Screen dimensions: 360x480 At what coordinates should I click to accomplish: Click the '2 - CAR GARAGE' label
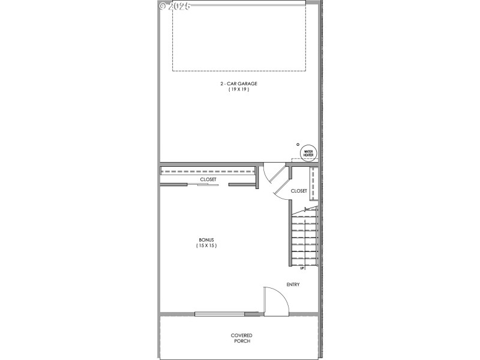pos(238,83)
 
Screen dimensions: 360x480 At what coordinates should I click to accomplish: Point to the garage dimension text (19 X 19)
pos(238,89)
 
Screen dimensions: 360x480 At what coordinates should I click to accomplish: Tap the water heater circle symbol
pos(308,153)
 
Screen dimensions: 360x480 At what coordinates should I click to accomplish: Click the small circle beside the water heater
pos(298,145)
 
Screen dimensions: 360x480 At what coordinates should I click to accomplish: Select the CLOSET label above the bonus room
pos(208,179)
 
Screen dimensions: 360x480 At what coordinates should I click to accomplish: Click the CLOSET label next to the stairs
pos(299,191)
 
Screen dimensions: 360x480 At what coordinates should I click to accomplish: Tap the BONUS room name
pos(206,239)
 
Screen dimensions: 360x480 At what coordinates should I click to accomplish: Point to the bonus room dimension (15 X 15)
pos(206,245)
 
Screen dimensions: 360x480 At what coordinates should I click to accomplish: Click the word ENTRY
pos(293,284)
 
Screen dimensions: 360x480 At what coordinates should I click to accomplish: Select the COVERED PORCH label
pos(241,338)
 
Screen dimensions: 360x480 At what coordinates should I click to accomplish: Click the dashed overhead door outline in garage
pos(239,70)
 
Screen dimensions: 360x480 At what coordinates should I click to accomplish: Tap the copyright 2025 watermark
pos(175,7)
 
